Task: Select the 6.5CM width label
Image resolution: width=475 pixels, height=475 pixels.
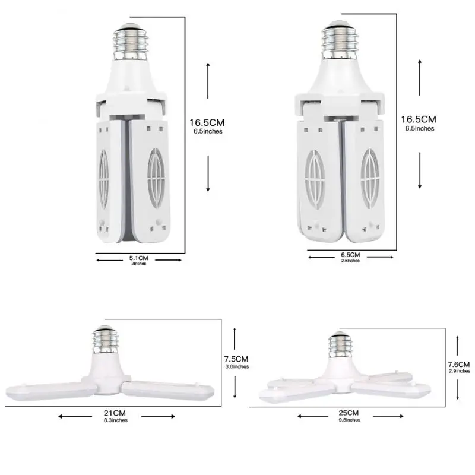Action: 350,255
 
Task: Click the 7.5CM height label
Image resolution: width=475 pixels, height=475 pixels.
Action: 236,359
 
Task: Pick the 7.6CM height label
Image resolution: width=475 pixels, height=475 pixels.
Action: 460,364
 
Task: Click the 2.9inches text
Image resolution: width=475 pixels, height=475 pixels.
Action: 460,371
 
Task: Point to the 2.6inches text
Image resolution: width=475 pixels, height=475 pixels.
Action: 350,261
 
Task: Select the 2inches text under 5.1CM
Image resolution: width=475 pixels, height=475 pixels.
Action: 140,264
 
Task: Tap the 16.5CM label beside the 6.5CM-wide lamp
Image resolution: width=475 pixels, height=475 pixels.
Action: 419,119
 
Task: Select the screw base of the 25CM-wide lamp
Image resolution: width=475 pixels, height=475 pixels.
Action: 341,345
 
